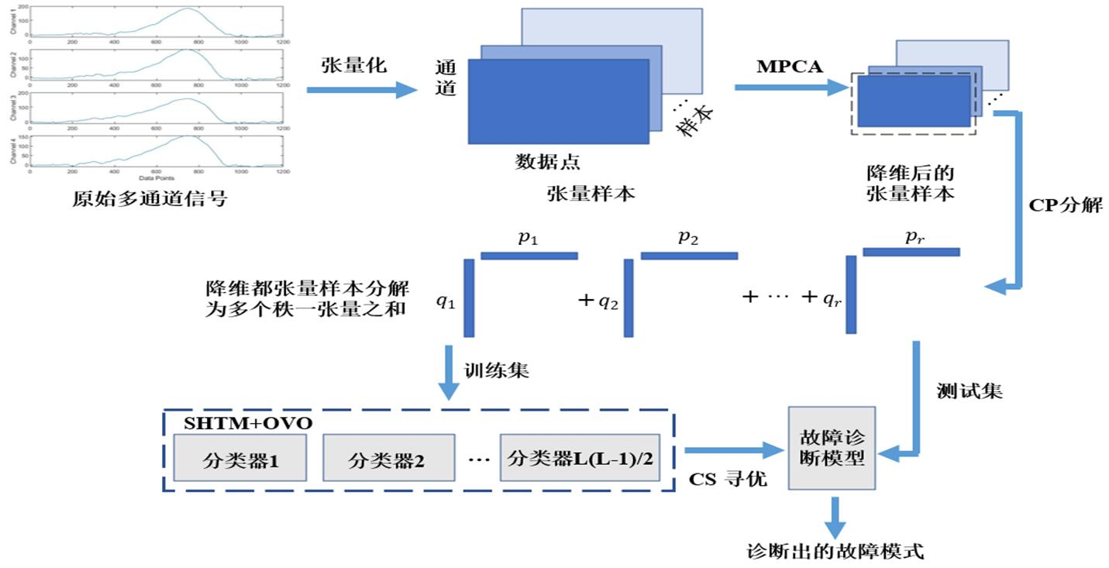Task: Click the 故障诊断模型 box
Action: click(832, 447)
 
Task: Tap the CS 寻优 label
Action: click(728, 480)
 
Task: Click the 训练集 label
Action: click(497, 370)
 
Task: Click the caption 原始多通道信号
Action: click(150, 198)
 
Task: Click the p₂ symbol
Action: click(688, 238)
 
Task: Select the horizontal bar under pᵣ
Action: click(911, 252)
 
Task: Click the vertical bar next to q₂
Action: click(629, 298)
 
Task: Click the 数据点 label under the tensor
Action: click(548, 162)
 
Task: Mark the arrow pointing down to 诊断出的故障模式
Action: click(834, 517)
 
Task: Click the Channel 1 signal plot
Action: click(155, 22)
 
